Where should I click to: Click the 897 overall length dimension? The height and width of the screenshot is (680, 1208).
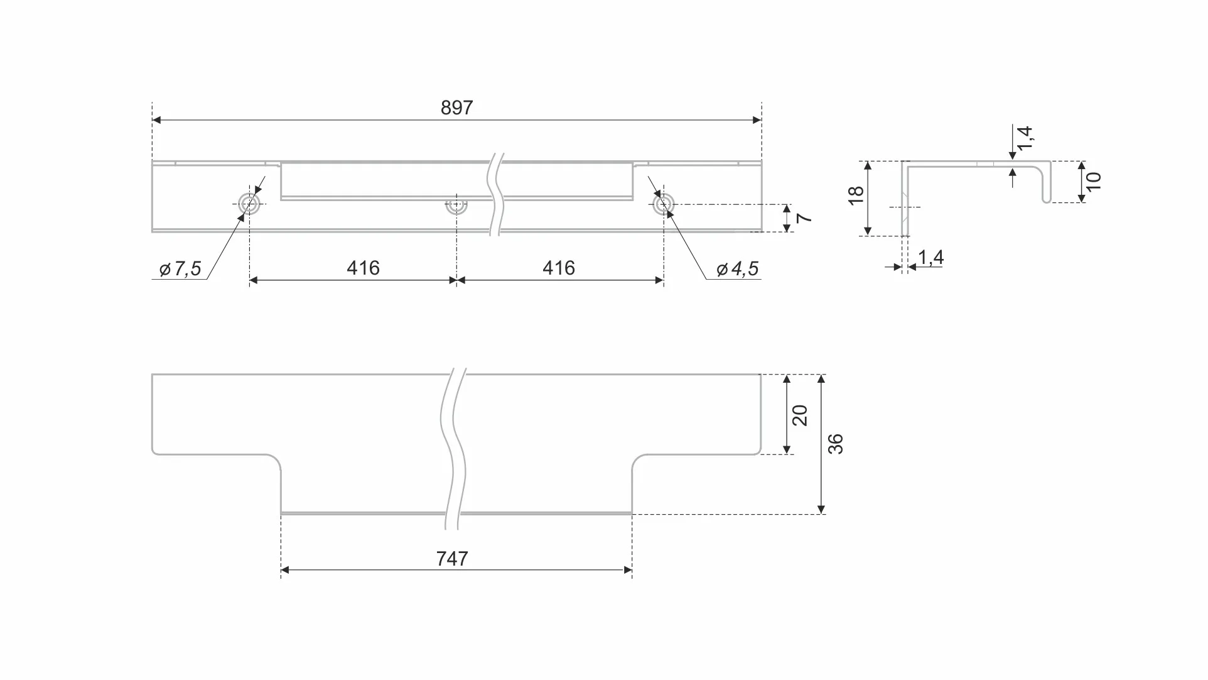coord(456,108)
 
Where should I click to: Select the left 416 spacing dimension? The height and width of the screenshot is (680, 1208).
coord(363,268)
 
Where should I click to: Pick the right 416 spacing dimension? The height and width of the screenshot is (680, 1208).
coord(558,268)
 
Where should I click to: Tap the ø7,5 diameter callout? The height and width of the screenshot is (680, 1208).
coord(180,269)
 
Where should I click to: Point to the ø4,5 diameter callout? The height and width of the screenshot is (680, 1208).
coord(738,269)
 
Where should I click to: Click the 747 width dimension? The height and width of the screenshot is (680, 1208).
coord(452,559)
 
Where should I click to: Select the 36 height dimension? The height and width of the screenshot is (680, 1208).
coord(836,444)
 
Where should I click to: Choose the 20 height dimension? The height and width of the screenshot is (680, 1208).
coord(800,415)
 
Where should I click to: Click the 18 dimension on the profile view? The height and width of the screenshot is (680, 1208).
coord(856,195)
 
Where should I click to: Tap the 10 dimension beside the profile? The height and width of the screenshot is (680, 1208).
coord(1094,182)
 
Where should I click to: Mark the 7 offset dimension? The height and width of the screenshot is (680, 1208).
coord(804,218)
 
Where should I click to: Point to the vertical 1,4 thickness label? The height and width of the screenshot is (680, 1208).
coord(1025,138)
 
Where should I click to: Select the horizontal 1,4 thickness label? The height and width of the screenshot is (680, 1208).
coord(930,257)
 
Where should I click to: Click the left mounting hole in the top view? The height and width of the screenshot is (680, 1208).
coord(249,204)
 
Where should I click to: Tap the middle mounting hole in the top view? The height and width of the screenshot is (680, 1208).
coord(456,206)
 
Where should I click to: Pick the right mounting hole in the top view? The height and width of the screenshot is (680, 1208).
coord(664,204)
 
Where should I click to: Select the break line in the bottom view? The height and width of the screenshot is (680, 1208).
coord(454,449)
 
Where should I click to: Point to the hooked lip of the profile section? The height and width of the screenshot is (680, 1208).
coord(1047,182)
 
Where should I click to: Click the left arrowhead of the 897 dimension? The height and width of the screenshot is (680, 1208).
coord(156,120)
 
